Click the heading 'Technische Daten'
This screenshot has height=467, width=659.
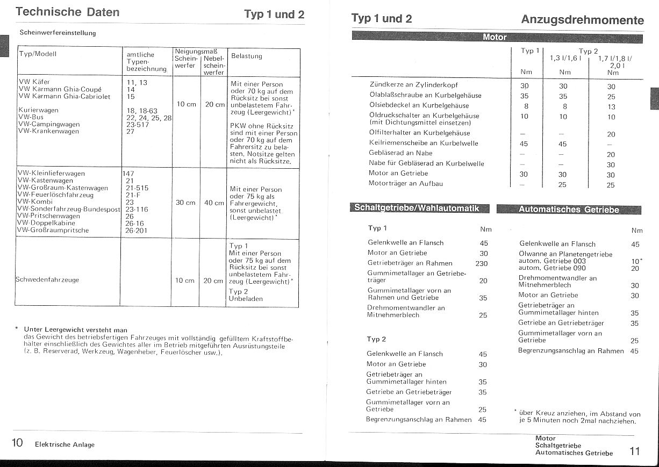(67, 12)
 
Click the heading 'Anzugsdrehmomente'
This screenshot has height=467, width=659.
(582, 20)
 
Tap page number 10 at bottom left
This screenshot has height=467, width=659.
(17, 443)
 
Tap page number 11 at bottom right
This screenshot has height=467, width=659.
(635, 451)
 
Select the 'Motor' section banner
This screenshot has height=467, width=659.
(495, 37)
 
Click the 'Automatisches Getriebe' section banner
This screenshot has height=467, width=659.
(568, 210)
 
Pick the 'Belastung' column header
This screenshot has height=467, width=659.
(246, 56)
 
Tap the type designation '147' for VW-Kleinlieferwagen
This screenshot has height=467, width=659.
(128, 174)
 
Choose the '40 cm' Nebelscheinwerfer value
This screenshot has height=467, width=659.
(214, 203)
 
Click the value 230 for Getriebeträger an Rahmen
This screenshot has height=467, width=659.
(482, 263)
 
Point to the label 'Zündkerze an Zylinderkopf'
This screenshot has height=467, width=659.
(413, 85)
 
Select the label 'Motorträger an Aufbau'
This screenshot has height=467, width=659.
(405, 184)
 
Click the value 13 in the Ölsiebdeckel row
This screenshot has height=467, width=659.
(611, 106)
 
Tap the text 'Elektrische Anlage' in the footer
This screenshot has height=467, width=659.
(65, 444)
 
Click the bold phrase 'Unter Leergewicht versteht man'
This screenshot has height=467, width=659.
(75, 329)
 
